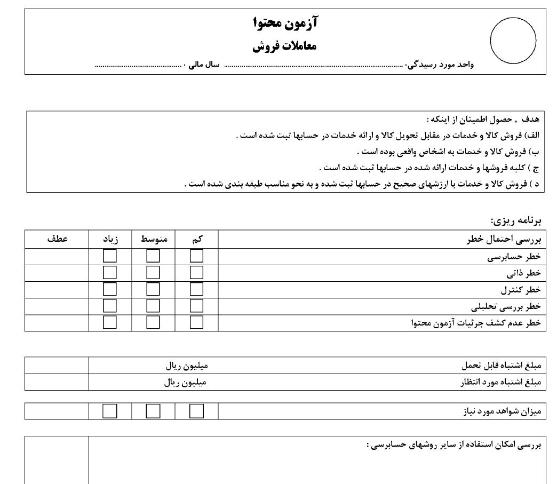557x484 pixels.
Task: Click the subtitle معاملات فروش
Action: (285, 46)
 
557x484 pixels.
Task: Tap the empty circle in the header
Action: (513, 41)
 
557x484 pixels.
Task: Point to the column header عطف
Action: (57, 240)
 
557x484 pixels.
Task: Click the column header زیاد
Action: (110, 240)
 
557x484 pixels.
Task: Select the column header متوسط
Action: (154, 240)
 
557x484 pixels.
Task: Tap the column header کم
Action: (197, 240)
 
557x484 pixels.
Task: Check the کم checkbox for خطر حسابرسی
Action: (197, 256)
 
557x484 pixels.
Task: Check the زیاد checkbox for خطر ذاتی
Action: (110, 273)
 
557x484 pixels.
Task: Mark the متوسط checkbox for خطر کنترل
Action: (154, 290)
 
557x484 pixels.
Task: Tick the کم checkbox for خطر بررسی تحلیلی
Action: (197, 306)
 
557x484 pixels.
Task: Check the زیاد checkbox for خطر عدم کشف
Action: (110, 323)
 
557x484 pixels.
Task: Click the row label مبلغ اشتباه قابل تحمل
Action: (501, 367)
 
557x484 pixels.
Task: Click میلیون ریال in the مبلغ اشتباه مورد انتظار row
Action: (185, 383)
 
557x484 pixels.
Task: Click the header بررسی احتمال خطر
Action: (505, 240)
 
